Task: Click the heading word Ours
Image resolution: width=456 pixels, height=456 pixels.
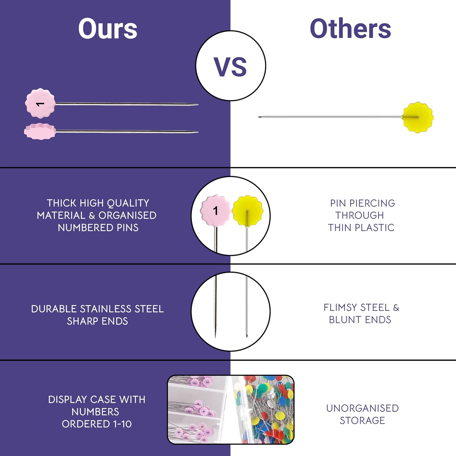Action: tap(108, 29)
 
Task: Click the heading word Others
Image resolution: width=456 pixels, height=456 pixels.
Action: tap(350, 29)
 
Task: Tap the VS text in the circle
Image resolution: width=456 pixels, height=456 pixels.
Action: tap(230, 67)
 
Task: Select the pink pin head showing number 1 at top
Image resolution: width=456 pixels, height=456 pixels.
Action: tap(40, 103)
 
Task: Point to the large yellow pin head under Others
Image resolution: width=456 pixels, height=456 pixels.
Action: tap(418, 117)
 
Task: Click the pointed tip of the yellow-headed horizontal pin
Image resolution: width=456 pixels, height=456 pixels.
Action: tap(259, 117)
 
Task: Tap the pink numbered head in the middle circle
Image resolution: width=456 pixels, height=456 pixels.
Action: tap(215, 210)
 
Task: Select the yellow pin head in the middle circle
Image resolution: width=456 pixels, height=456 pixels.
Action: tap(247, 211)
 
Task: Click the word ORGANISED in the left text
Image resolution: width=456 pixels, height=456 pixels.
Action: tap(127, 215)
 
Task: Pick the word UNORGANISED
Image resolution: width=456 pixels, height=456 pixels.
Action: tap(362, 408)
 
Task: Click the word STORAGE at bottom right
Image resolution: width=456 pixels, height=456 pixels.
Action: tap(362, 420)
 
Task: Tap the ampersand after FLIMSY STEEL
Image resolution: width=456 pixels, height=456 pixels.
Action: tap(396, 308)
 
